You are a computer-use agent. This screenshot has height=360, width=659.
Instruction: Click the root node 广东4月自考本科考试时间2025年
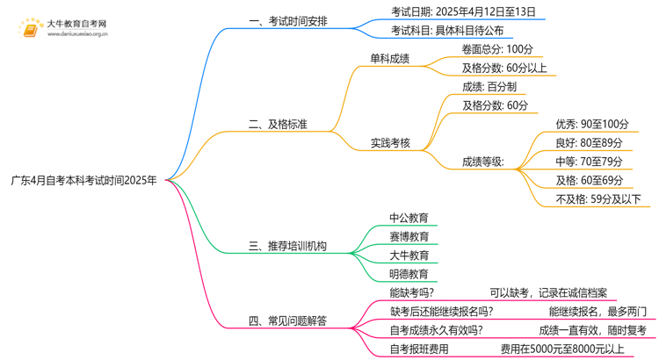84,181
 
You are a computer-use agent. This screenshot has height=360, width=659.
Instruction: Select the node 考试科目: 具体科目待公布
447,31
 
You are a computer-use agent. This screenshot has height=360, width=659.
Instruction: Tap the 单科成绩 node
390,59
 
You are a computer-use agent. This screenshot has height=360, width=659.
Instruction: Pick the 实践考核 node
390,142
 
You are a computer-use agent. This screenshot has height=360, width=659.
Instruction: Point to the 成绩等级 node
483,161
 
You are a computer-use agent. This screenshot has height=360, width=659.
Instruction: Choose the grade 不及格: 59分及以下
598,198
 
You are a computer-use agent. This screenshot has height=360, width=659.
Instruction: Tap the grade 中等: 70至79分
589,162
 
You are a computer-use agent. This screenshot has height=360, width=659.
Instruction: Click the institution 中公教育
409,218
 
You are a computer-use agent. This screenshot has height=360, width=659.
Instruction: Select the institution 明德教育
409,274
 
